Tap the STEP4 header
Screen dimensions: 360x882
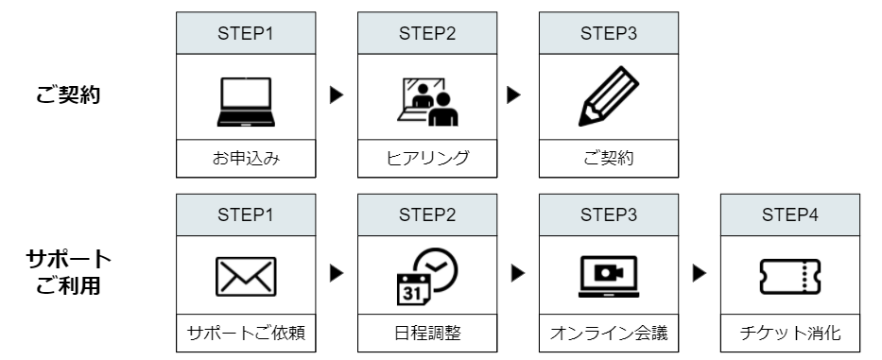(790, 214)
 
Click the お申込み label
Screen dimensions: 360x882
(246, 158)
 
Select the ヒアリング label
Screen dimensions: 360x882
(427, 158)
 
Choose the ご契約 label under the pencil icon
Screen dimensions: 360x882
(608, 158)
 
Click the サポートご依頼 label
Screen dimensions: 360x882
(246, 334)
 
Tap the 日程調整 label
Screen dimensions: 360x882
(427, 334)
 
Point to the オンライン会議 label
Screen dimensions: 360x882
(608, 334)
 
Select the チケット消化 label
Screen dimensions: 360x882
(790, 334)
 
